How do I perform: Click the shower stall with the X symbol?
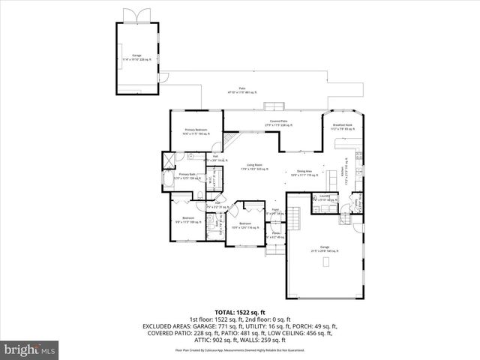(x=170, y=159)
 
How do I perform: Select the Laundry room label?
(x=324, y=198)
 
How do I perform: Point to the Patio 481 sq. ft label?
(x=242, y=90)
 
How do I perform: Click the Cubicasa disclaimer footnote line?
(x=240, y=350)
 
